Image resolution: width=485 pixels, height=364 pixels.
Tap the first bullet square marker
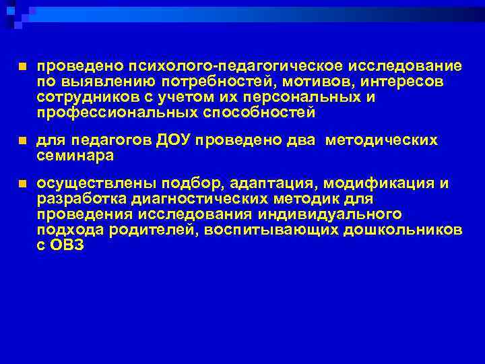pyautogui.click(x=22, y=67)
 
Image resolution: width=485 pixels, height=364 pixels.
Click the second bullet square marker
pyautogui.click(x=22, y=141)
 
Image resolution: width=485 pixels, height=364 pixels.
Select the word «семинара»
pyautogui.click(x=75, y=155)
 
